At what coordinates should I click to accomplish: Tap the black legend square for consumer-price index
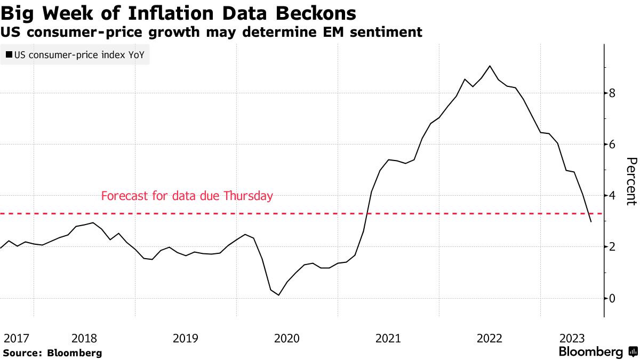pos(9,54)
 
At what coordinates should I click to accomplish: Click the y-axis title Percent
pos(631,181)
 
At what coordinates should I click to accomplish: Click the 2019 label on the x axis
pos(186,338)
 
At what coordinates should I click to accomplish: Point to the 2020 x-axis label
pos(286,338)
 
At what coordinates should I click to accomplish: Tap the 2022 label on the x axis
pos(489,338)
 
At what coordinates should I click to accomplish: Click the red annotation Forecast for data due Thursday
pos(187,196)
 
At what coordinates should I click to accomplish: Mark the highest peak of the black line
pos(490,66)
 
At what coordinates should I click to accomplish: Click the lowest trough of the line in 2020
pos(278,295)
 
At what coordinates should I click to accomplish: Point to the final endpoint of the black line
pos(591,222)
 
